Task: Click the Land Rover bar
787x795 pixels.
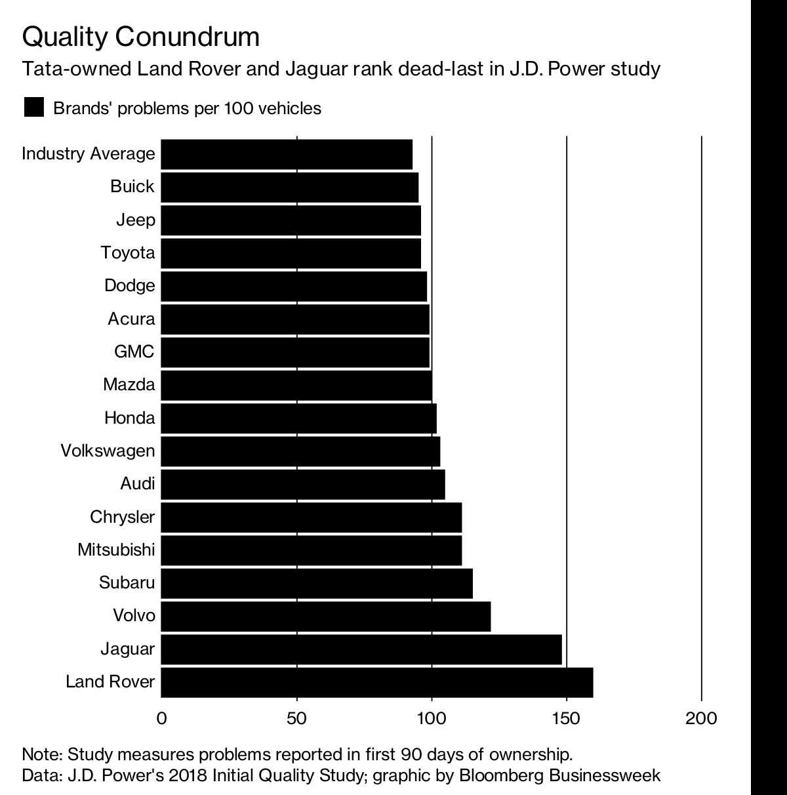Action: click(376, 682)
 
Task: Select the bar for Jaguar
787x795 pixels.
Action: click(361, 649)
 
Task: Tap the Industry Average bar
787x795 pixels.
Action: click(287, 154)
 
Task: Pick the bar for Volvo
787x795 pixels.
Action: click(325, 616)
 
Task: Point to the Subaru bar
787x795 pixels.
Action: click(316, 583)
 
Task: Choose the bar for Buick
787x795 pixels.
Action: click(289, 187)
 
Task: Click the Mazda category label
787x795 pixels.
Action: click(129, 384)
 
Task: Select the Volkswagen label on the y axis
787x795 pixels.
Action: click(108, 451)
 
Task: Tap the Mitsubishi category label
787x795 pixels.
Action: click(116, 550)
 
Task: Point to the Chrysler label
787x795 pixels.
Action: click(123, 517)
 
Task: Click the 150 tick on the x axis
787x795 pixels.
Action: click(566, 718)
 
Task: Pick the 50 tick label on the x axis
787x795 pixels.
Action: click(296, 718)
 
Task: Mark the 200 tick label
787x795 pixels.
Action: click(701, 718)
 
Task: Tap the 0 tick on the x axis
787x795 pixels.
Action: click(161, 718)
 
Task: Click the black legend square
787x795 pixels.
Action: click(33, 108)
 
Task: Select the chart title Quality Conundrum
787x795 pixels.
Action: click(140, 37)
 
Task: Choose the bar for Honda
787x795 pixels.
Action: click(298, 418)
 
